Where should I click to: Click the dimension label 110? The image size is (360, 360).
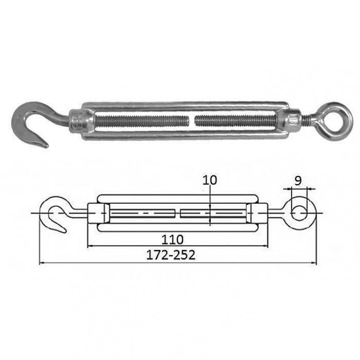pyautogui.click(x=173, y=240)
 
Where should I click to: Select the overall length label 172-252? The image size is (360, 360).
pyautogui.click(x=171, y=255)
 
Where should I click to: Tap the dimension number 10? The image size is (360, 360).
pyautogui.click(x=209, y=180)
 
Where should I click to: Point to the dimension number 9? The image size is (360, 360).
pyautogui.click(x=298, y=181)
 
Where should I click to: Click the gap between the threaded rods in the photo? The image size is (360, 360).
pyautogui.click(x=192, y=120)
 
